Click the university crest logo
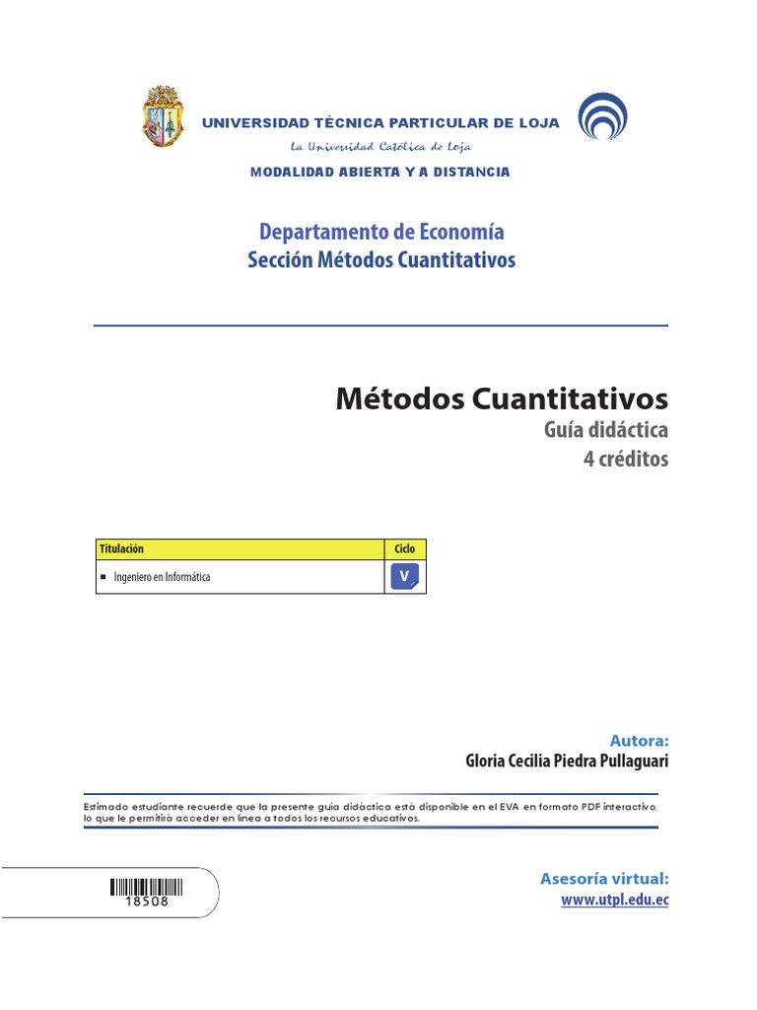[164, 116]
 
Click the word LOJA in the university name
[538, 123]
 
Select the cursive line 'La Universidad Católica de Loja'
[380, 147]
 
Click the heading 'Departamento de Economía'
[381, 232]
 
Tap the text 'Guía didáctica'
[605, 430]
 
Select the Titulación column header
[120, 548]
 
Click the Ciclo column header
[405, 548]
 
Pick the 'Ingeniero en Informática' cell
[162, 577]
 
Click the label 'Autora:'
[639, 740]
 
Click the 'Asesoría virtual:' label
[604, 878]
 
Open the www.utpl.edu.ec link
[615, 900]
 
